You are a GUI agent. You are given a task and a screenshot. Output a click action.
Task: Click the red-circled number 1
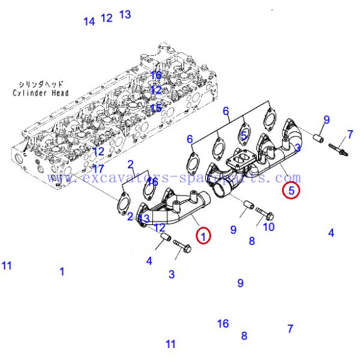(204, 236)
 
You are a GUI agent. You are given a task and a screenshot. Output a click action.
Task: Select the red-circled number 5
(291, 191)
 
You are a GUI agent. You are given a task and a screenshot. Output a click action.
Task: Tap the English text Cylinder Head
(40, 93)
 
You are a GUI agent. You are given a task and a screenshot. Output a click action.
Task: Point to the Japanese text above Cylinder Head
(41, 85)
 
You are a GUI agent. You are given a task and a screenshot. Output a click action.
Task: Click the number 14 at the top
(89, 22)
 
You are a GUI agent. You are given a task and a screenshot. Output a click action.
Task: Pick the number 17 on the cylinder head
(98, 169)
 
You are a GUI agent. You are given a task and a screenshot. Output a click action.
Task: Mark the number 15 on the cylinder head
(156, 109)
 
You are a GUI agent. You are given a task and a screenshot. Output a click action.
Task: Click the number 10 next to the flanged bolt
(269, 227)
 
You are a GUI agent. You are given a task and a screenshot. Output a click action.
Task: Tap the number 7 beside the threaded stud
(350, 134)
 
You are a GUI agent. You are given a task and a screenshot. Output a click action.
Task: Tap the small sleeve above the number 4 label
(164, 242)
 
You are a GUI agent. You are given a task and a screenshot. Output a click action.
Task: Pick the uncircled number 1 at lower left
(62, 271)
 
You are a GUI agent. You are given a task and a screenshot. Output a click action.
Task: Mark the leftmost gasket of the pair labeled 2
(122, 202)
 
